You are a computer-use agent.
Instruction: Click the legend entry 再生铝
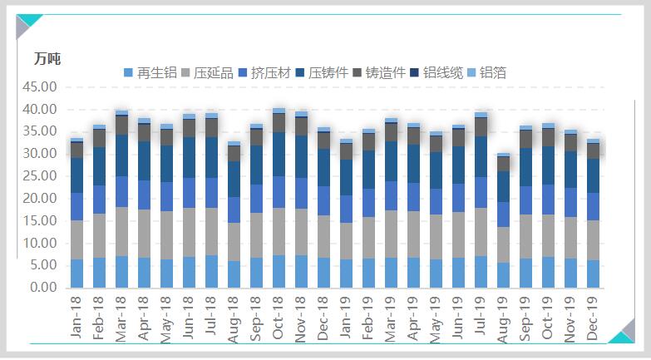150,73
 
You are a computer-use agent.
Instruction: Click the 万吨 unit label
47,59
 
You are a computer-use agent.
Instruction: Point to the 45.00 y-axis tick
40,86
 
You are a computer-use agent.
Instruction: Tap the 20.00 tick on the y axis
40,199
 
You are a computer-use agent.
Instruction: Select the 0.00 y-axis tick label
43,288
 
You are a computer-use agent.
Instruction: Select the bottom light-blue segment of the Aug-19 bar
503,275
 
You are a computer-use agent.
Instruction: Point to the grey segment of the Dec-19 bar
593,240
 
